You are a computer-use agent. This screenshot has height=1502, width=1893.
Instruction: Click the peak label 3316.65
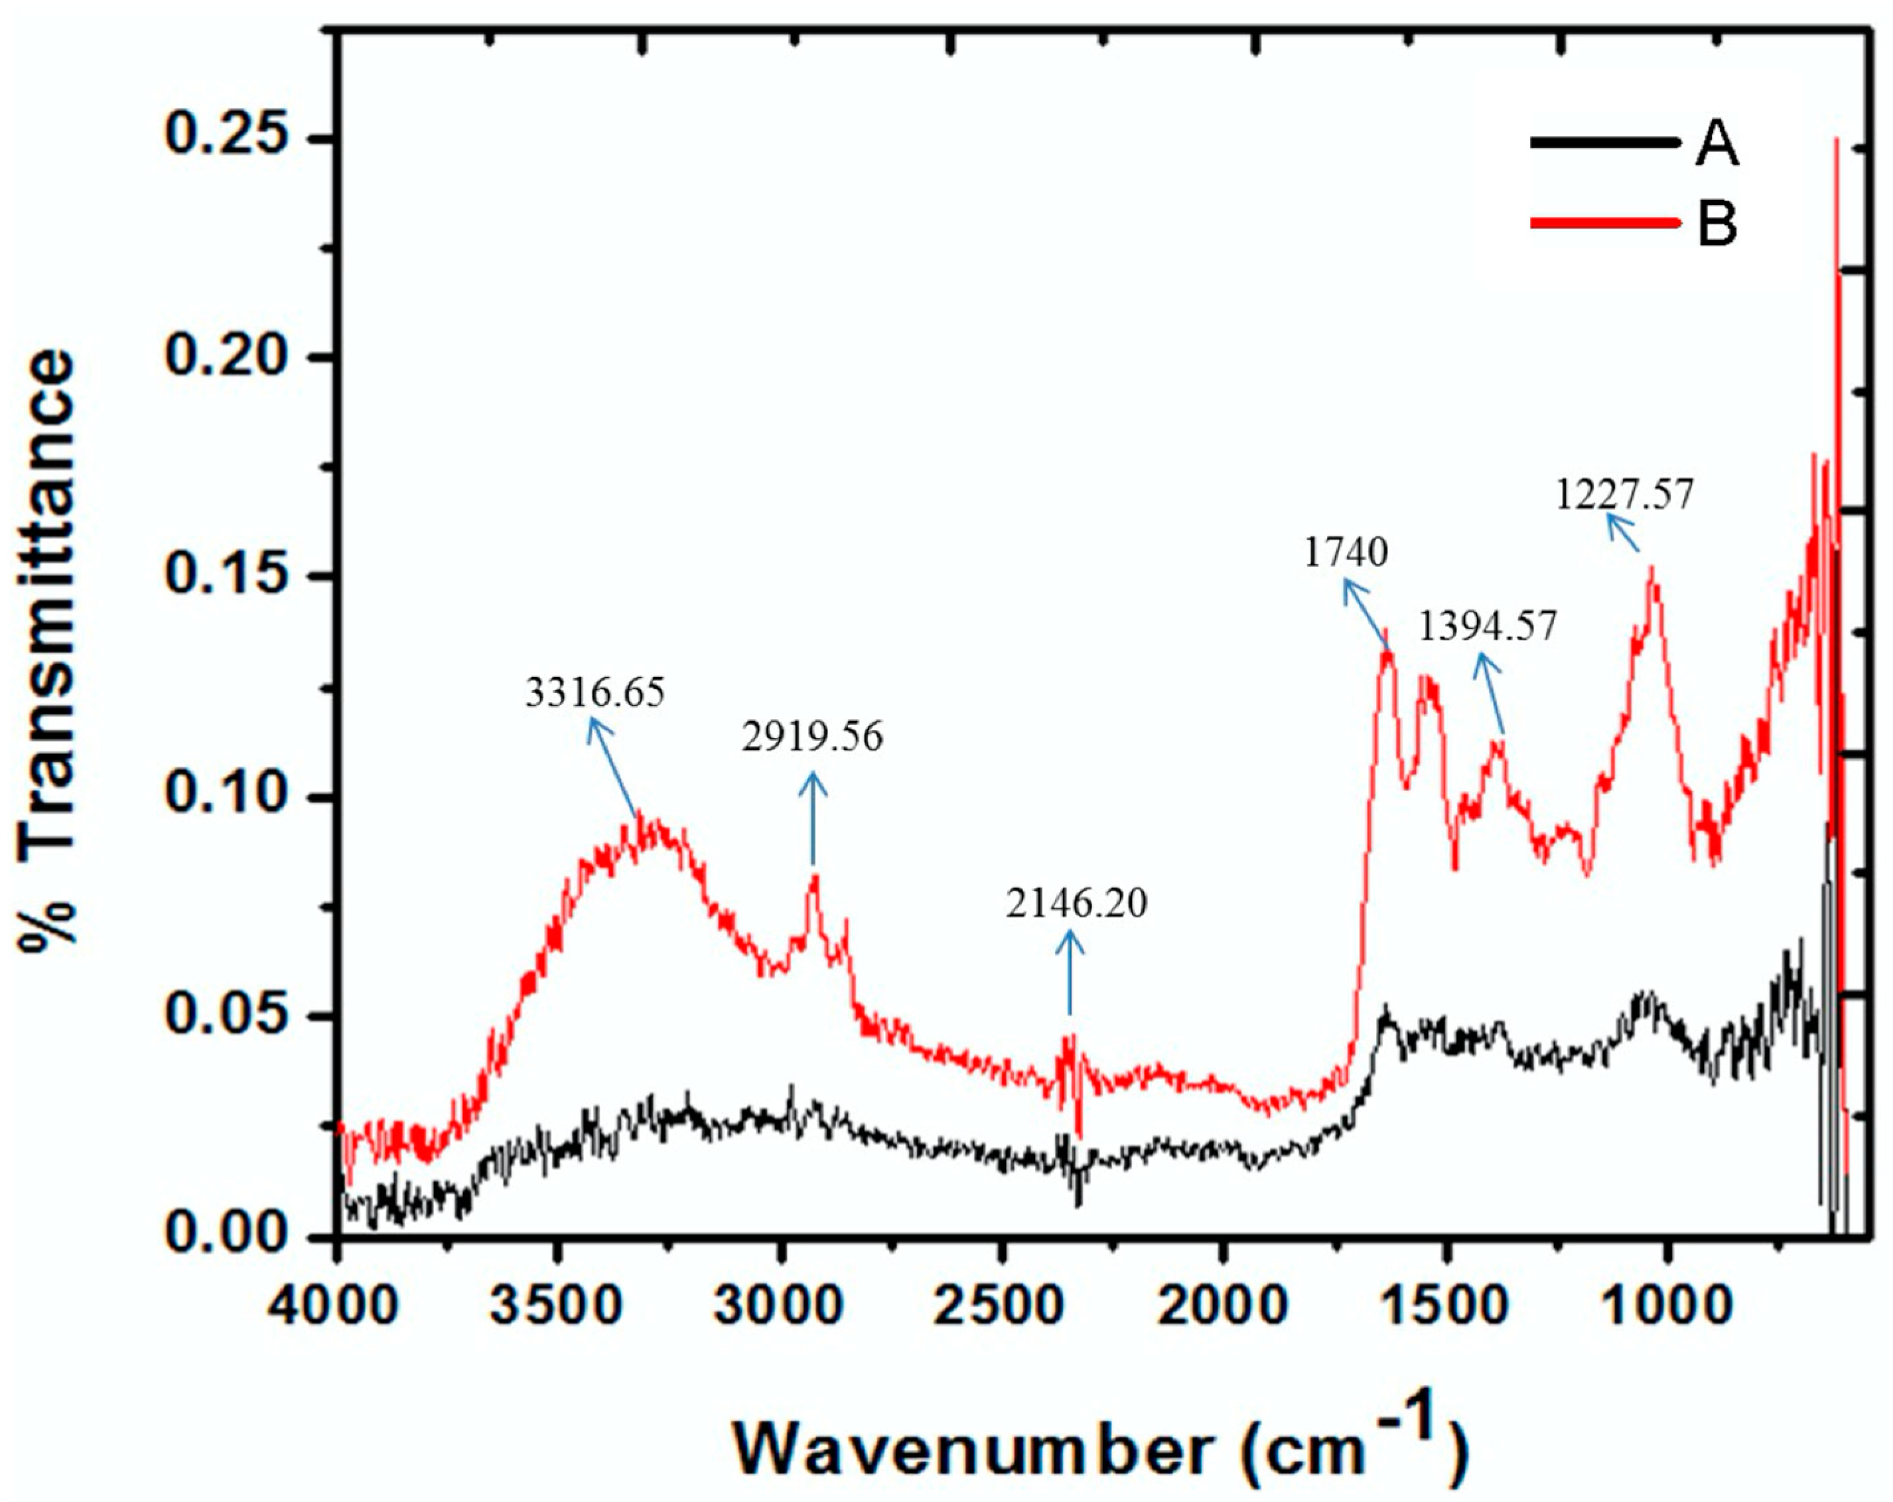(x=595, y=693)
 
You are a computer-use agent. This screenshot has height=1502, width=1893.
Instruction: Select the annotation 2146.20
(x=1076, y=904)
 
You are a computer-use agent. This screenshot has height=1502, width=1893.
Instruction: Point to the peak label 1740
(x=1346, y=552)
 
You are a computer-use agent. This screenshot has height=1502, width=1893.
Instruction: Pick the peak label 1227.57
(x=1624, y=495)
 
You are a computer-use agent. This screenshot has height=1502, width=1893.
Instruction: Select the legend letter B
(x=1717, y=223)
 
